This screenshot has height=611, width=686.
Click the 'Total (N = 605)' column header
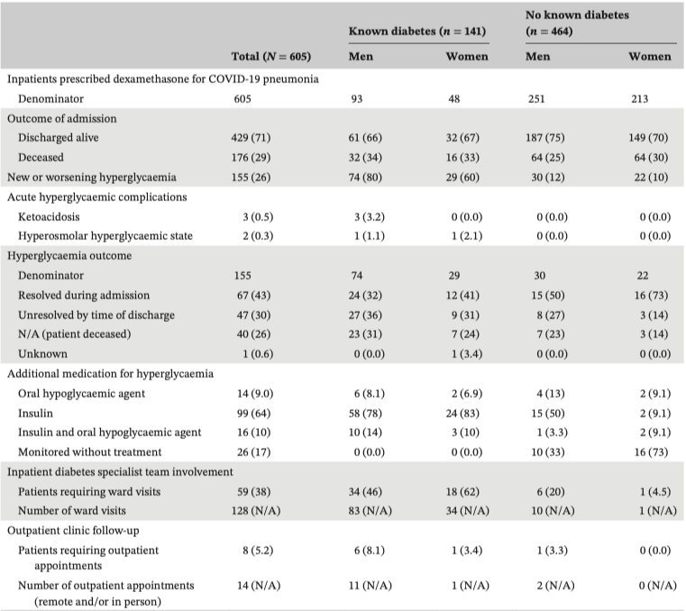[x=270, y=57]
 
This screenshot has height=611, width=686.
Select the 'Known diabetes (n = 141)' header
[x=417, y=31]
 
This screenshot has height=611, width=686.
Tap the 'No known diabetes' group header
[x=577, y=15]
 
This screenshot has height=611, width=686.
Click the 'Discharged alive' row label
[x=59, y=138]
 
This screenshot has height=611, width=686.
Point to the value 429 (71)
[x=251, y=138]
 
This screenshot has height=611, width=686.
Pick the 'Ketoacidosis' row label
[x=49, y=217]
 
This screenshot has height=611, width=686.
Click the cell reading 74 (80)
[x=365, y=178]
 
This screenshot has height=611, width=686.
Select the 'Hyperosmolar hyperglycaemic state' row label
[x=105, y=236]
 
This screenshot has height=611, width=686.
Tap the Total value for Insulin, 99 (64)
[x=253, y=414]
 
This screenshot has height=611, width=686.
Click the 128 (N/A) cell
[x=255, y=511]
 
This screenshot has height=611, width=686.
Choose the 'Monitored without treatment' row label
[x=89, y=452]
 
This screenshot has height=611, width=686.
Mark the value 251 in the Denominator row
[x=536, y=99]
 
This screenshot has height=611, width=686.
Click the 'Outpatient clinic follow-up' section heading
[x=73, y=531]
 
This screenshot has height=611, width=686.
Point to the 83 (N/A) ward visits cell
[x=370, y=511]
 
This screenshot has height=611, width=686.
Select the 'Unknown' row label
[x=42, y=354]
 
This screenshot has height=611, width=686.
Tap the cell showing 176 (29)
[x=251, y=158]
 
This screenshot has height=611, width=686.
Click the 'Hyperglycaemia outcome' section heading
[x=69, y=256]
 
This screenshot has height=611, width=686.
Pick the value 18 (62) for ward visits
[x=462, y=492]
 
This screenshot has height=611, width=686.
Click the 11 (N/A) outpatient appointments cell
[x=370, y=586]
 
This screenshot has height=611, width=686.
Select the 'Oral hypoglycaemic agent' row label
[x=81, y=394]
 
